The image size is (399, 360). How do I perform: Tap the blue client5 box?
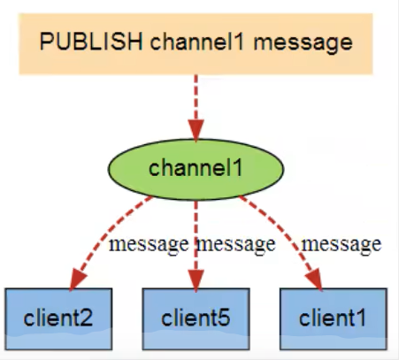(196, 316)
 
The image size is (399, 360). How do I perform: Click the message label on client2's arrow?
(148, 243)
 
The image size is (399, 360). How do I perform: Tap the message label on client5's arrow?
(234, 243)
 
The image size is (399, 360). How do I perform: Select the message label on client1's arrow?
(341, 243)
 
